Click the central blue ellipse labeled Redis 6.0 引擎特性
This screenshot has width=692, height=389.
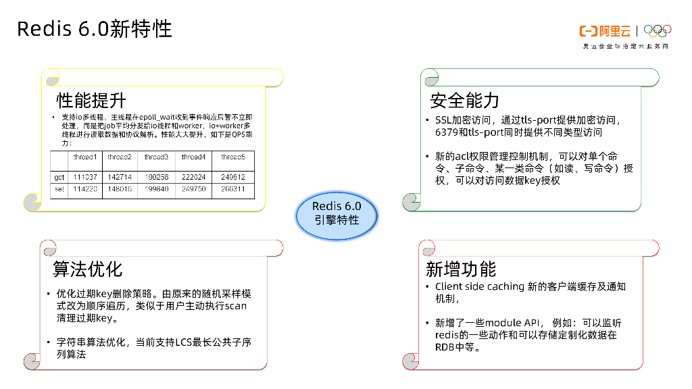(x=337, y=213)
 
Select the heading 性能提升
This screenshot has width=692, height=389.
(x=91, y=101)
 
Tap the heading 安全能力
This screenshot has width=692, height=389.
(x=465, y=101)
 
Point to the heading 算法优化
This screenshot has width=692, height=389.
(x=88, y=269)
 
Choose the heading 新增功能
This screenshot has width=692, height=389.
(x=461, y=269)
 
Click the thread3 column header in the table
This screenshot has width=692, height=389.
(x=156, y=157)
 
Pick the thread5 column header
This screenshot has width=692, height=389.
(x=233, y=157)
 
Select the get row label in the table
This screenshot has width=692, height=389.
(x=59, y=176)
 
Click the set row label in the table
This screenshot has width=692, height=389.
(x=59, y=189)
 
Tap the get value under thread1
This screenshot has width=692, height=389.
(x=85, y=176)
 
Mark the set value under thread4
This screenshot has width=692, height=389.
(x=193, y=189)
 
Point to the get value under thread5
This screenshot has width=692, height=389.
(x=233, y=176)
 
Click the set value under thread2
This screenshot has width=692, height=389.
(x=120, y=189)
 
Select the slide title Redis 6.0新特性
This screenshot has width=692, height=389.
(x=94, y=28)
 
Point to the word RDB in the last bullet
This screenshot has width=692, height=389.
(x=446, y=347)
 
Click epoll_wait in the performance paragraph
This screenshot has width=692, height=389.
(x=159, y=118)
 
